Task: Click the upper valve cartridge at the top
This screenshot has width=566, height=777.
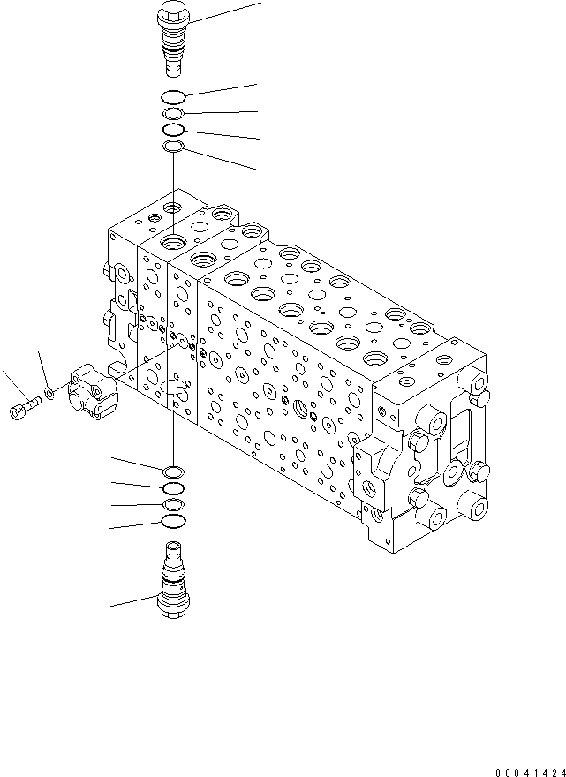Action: (x=173, y=40)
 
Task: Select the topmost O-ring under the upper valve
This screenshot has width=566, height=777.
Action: (x=174, y=97)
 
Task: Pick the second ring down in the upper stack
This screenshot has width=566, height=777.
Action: (x=174, y=114)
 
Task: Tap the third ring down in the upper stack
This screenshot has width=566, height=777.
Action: (x=174, y=130)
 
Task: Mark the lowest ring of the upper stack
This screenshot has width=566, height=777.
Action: (x=174, y=147)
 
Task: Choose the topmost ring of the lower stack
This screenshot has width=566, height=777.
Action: (x=174, y=471)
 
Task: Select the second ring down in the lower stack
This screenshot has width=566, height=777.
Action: (x=174, y=487)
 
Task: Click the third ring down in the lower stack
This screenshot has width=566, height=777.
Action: (x=174, y=504)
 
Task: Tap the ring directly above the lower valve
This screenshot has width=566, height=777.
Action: (x=174, y=522)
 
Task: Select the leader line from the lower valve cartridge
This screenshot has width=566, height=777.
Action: (x=132, y=601)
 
